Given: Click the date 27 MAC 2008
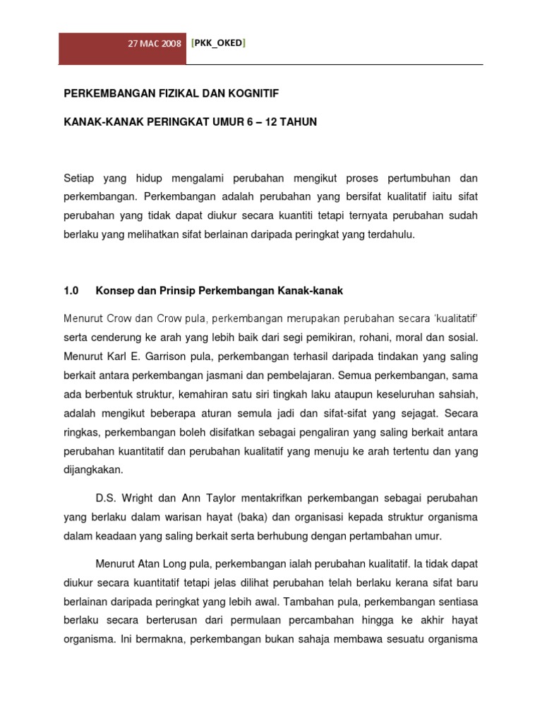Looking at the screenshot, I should (154, 43).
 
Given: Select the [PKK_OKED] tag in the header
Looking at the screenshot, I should (219, 43).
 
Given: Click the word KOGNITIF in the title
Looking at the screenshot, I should (259, 92).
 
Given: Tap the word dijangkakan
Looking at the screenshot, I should (92, 469).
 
